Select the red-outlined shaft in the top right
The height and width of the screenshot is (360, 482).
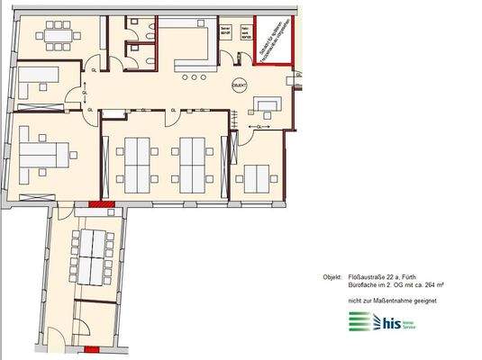point(273,41)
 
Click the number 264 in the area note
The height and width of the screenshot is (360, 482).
point(418,284)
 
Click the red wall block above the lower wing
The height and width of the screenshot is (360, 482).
point(98,206)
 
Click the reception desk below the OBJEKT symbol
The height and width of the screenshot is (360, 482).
point(268,109)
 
